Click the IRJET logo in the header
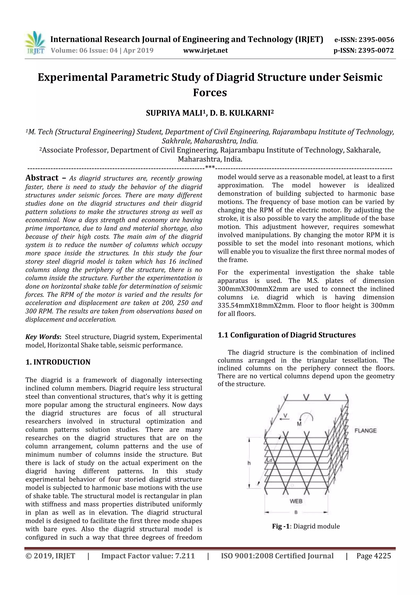click(x=35, y=43)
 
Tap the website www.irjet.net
click(x=205, y=51)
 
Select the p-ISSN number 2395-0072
click(x=376, y=51)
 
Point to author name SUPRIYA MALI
click(x=175, y=113)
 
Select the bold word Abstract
click(x=42, y=178)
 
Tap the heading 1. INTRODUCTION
click(x=58, y=362)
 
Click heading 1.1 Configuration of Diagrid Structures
click(x=286, y=335)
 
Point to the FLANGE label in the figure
click(x=365, y=431)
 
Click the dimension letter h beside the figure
click(x=249, y=463)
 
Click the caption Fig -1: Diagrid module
click(x=306, y=526)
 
